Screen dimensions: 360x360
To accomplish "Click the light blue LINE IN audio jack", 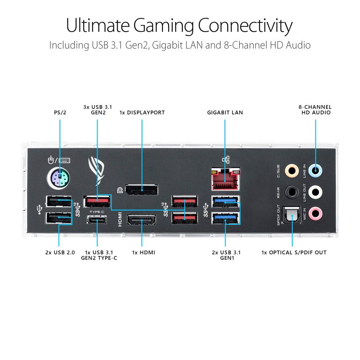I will [316, 172].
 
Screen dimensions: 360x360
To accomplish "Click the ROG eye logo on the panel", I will [97, 170].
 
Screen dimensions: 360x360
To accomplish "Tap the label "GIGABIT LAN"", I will [225, 113].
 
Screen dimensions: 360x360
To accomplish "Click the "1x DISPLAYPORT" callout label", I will [142, 113].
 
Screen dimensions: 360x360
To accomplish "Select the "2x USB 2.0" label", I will [60, 252].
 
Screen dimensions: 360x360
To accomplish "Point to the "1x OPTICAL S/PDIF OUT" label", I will [294, 252].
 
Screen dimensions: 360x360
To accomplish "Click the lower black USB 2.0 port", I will [59, 218].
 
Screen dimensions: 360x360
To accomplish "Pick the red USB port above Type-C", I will [97, 201].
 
